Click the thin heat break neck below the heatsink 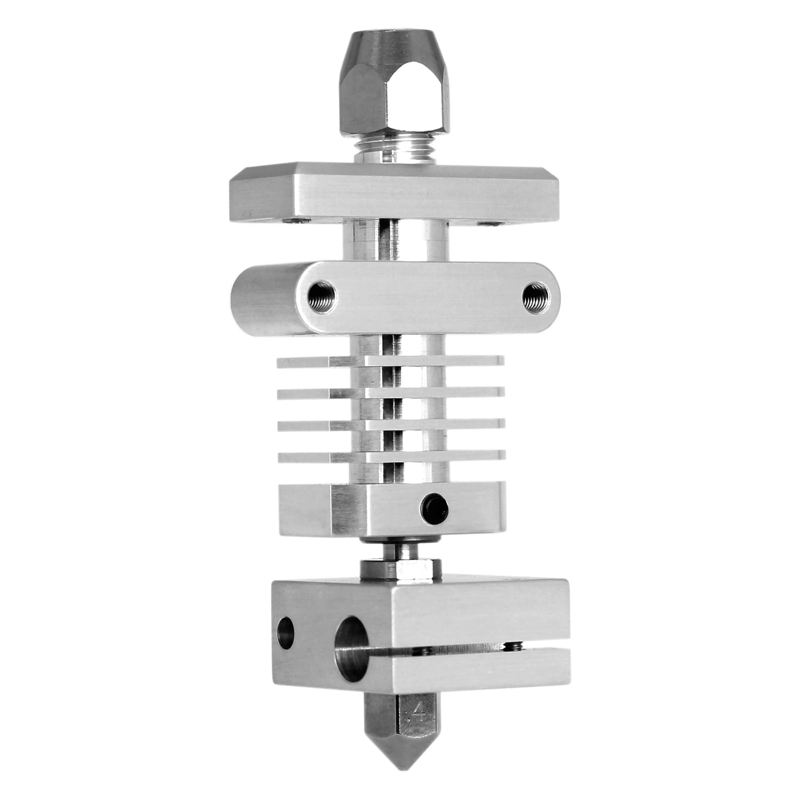click(x=400, y=551)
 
